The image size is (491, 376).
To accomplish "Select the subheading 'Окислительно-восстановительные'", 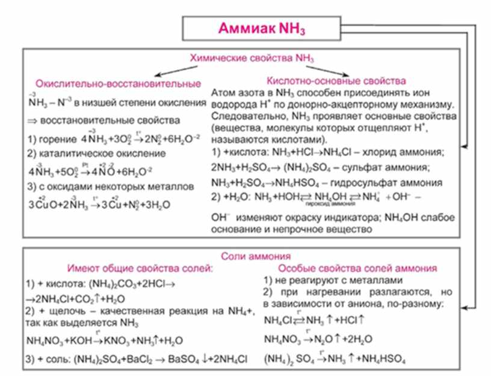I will [118, 82].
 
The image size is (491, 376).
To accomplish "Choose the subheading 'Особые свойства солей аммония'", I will [359, 268].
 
